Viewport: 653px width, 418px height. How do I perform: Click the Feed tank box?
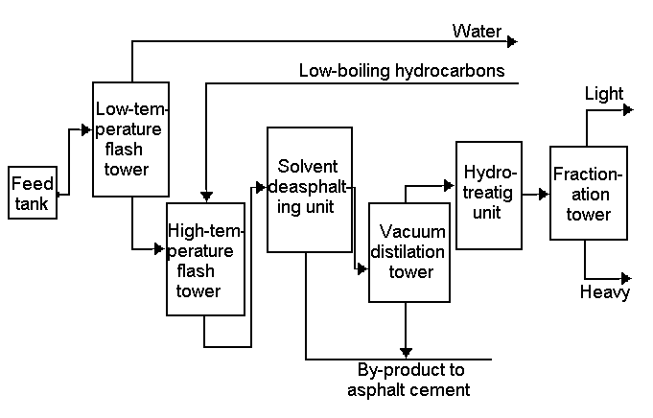(x=33, y=194)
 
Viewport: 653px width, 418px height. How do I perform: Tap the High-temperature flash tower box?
(x=205, y=259)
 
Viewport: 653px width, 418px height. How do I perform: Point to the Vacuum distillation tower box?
(x=409, y=252)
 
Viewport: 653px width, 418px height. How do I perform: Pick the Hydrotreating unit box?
(x=488, y=195)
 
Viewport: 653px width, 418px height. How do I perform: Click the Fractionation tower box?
(x=589, y=193)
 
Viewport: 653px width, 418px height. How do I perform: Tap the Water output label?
(x=477, y=32)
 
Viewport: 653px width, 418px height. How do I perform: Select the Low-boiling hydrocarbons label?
(x=402, y=70)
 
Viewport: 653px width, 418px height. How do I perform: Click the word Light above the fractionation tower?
(x=604, y=94)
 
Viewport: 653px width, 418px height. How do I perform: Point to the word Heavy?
(x=605, y=292)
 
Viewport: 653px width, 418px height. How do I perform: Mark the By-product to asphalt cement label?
(x=413, y=380)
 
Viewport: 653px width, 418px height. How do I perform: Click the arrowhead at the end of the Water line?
(x=512, y=41)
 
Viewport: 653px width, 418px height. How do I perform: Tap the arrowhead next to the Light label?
(x=628, y=110)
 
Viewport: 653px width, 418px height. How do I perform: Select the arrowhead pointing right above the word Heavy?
(x=627, y=278)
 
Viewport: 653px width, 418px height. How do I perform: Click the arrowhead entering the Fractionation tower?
(x=545, y=194)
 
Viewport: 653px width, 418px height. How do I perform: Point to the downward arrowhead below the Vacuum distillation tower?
(x=407, y=353)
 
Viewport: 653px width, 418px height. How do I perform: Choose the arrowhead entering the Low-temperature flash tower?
(x=87, y=128)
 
